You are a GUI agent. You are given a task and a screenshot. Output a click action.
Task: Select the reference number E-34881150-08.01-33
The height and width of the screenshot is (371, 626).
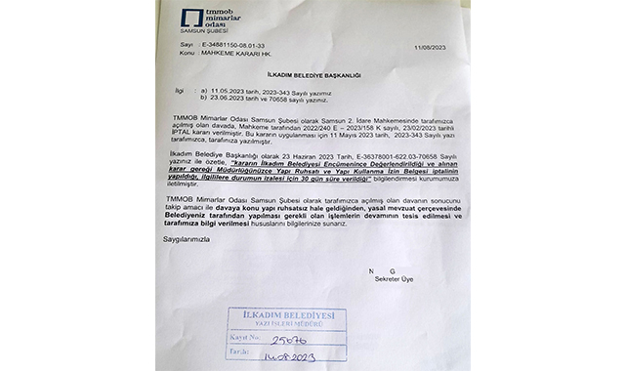click(218, 45)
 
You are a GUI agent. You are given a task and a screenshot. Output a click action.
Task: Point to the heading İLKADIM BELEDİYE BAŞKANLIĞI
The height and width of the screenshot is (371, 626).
click(300, 74)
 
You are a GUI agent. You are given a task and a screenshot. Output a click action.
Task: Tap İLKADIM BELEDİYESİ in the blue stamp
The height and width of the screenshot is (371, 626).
click(283, 315)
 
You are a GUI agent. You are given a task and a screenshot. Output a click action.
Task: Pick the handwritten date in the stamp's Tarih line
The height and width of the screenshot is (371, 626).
click(293, 357)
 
